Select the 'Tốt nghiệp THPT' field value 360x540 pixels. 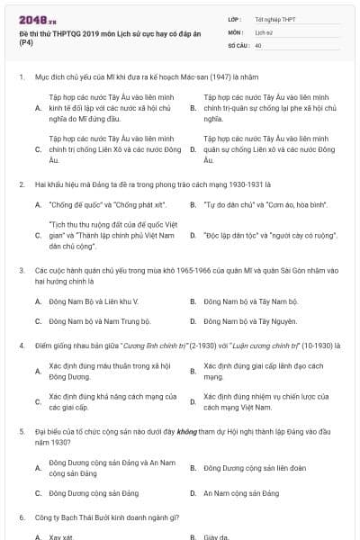275,18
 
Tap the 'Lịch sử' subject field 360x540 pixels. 264,31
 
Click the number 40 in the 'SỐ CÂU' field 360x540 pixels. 259,43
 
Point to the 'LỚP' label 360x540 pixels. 235,18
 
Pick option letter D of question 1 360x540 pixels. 193,148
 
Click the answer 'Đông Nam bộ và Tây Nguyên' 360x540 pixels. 247,320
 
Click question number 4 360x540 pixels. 21,346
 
